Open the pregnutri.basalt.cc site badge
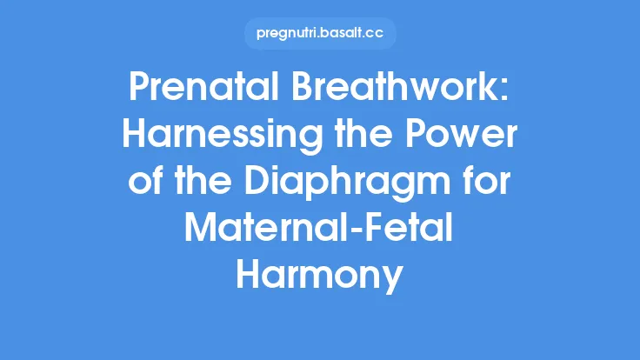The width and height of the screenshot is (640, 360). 320,33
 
